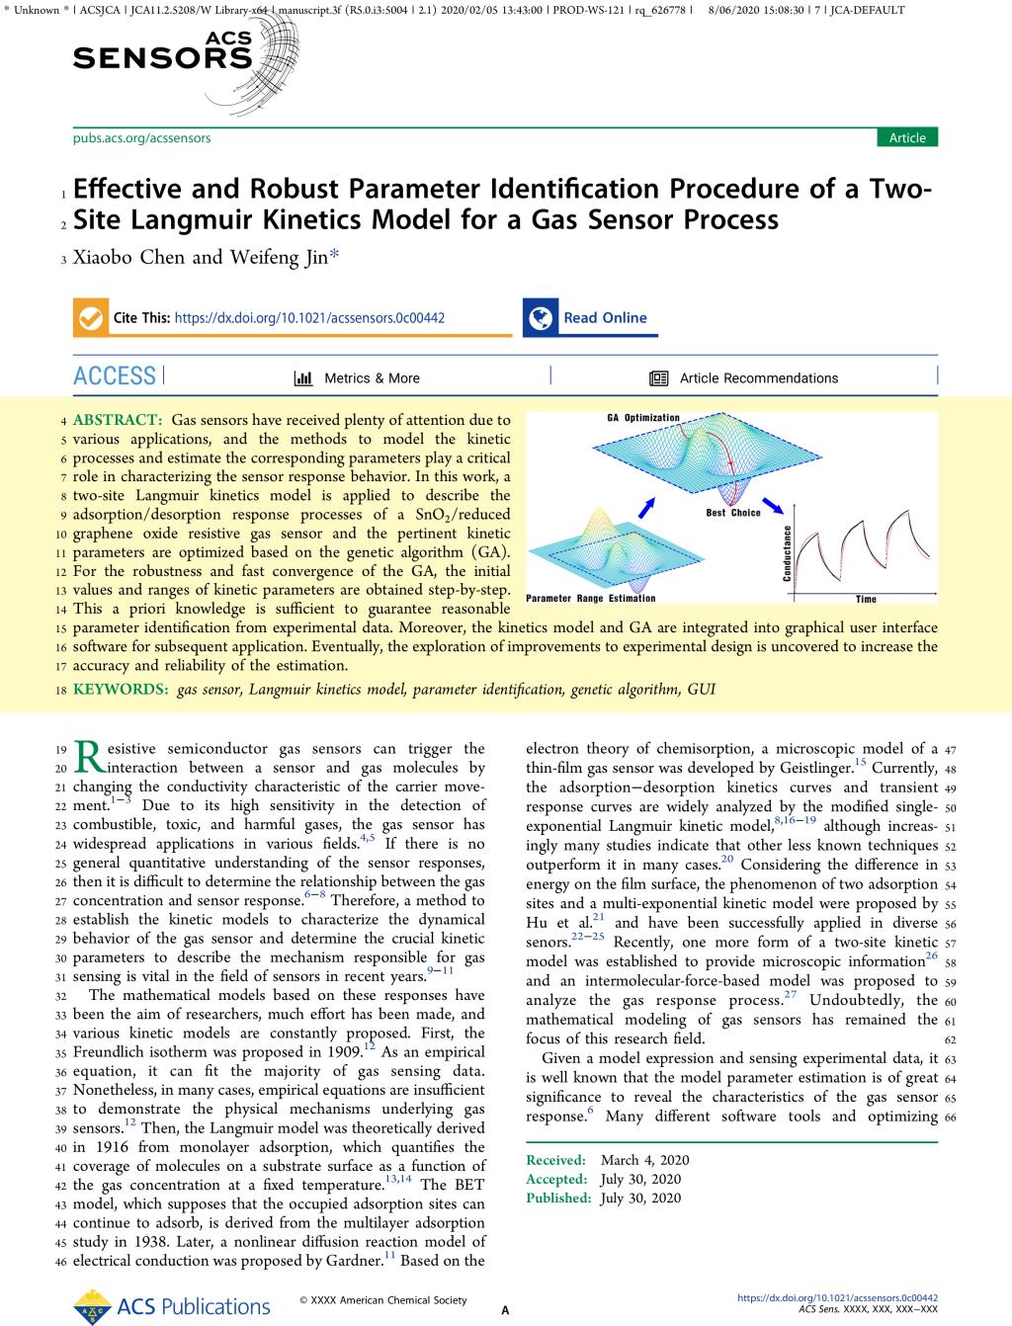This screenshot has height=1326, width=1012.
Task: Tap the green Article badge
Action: pyautogui.click(x=906, y=138)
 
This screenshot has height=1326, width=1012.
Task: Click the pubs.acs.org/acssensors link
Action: pyautogui.click(x=141, y=138)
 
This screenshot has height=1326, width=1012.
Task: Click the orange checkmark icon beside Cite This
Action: pyautogui.click(x=90, y=318)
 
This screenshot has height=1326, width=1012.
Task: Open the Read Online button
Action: pyautogui.click(x=604, y=318)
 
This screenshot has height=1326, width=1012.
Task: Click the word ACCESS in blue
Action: pyautogui.click(x=115, y=376)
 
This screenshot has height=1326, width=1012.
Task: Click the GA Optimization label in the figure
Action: pyautogui.click(x=642, y=418)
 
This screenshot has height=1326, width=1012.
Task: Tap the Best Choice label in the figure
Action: pyautogui.click(x=733, y=513)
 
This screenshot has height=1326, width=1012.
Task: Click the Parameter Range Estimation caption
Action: pyautogui.click(x=590, y=598)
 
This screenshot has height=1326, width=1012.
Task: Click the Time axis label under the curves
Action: pyautogui.click(x=865, y=599)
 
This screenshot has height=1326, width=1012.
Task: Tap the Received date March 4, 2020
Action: pyautogui.click(x=644, y=1160)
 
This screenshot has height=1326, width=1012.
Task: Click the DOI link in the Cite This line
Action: pyautogui.click(x=309, y=318)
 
